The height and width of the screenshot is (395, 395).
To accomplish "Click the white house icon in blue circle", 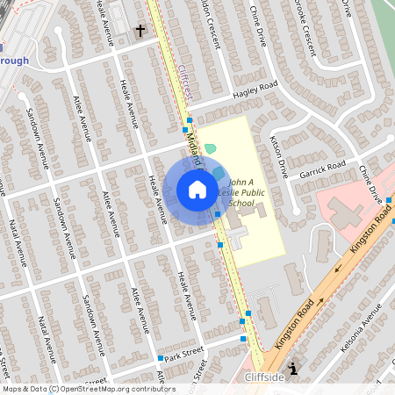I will tap(197, 190).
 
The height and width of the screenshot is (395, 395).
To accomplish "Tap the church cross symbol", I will tap(140, 31).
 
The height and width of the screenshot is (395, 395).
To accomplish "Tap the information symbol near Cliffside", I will tap(292, 370).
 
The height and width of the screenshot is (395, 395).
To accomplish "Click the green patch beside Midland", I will tap(211, 150).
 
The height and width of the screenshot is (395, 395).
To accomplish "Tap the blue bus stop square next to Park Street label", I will tap(160, 358).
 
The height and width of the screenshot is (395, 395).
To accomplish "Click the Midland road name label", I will tap(193, 145).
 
